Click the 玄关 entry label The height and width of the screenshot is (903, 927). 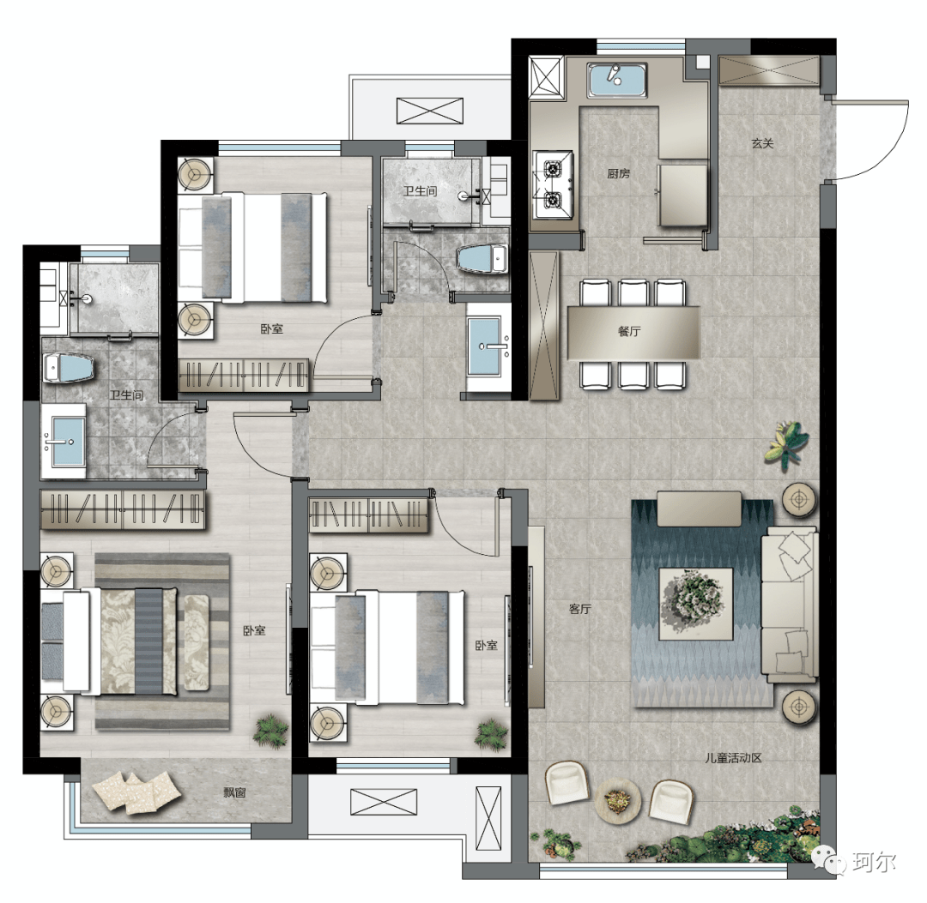coord(762,143)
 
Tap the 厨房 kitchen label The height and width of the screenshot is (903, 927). coord(618,173)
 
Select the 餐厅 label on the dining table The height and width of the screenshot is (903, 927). coord(629,331)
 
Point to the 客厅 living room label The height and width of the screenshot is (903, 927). coord(579,608)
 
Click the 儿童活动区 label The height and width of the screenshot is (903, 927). coord(733,757)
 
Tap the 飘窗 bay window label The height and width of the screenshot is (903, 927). coord(234,792)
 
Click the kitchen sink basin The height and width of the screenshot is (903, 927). coord(616,81)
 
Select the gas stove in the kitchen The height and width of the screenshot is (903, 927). coord(553,185)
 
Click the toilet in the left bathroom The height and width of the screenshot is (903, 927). coord(69,367)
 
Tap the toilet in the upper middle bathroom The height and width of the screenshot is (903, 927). coord(482,260)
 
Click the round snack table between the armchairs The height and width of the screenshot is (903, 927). coord(618,800)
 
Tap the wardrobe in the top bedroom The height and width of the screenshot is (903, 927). coord(243,375)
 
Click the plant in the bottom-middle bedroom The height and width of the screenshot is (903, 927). coord(491,734)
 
